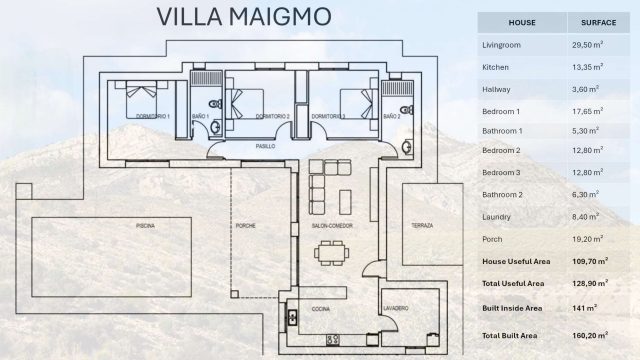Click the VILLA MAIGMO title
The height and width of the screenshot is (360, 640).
tap(245, 17)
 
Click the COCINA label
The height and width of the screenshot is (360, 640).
tap(321, 309)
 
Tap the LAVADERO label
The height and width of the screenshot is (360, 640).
tap(395, 309)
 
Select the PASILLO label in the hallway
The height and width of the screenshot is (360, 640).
tap(264, 146)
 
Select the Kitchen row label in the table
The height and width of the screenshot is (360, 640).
tap(497, 66)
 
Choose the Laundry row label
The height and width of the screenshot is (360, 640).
tap(498, 217)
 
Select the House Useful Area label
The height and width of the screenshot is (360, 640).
tap(517, 260)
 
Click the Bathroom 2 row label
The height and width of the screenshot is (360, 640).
tap(503, 195)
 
